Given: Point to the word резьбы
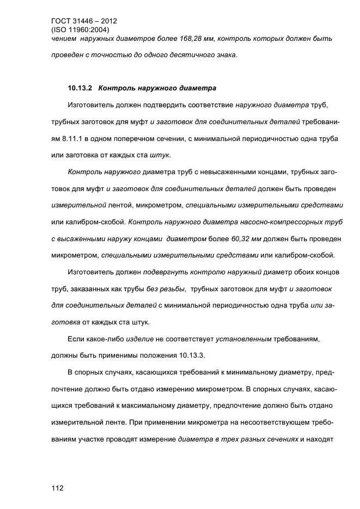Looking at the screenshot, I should (x=173, y=289).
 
